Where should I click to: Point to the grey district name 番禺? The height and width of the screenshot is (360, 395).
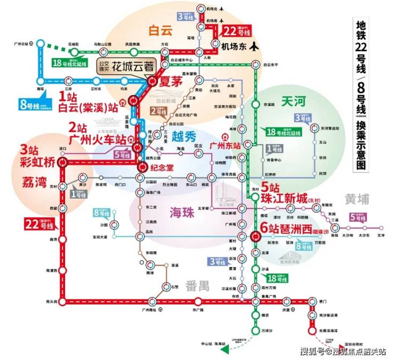[x=197, y=285]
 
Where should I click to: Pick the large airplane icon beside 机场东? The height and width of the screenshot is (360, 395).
[x=253, y=46]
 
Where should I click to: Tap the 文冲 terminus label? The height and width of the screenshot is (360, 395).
[x=381, y=235]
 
